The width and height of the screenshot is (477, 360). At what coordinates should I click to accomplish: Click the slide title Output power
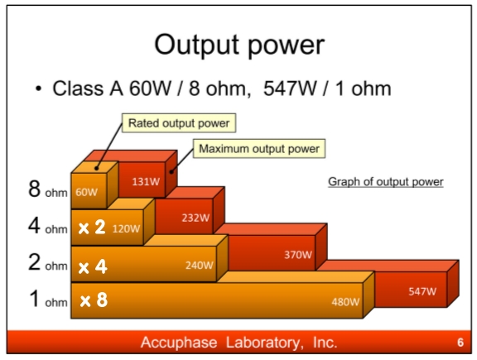click(239, 46)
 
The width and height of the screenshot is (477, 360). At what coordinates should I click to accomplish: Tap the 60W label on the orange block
click(87, 192)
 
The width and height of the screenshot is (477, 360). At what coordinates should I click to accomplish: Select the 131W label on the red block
click(146, 181)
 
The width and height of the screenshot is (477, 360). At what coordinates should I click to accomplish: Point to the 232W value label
click(195, 218)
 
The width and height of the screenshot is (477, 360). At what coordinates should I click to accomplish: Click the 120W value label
click(126, 228)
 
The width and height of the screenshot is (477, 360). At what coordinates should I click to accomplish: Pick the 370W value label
click(298, 255)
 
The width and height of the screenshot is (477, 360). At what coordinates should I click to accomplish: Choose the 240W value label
click(200, 265)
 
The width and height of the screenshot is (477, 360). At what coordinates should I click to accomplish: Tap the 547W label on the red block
click(422, 291)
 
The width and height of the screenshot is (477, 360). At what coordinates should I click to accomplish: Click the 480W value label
click(345, 301)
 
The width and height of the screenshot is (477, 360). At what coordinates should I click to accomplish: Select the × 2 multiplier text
click(92, 227)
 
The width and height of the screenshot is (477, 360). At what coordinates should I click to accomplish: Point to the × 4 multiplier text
click(93, 266)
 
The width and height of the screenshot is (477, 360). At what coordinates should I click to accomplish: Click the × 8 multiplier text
click(94, 300)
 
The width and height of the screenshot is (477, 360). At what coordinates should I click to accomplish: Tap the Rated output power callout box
click(179, 123)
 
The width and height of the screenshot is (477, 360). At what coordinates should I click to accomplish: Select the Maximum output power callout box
click(259, 149)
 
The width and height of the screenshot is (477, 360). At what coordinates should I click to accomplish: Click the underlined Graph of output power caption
click(386, 182)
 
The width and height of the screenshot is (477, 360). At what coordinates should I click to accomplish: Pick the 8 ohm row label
click(48, 190)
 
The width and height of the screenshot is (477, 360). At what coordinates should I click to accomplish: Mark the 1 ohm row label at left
click(48, 299)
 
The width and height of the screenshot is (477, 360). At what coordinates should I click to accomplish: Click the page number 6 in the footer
click(460, 343)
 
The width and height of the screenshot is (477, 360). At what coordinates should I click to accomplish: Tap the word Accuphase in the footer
click(179, 343)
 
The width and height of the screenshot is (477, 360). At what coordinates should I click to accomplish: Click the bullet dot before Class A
click(38, 89)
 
